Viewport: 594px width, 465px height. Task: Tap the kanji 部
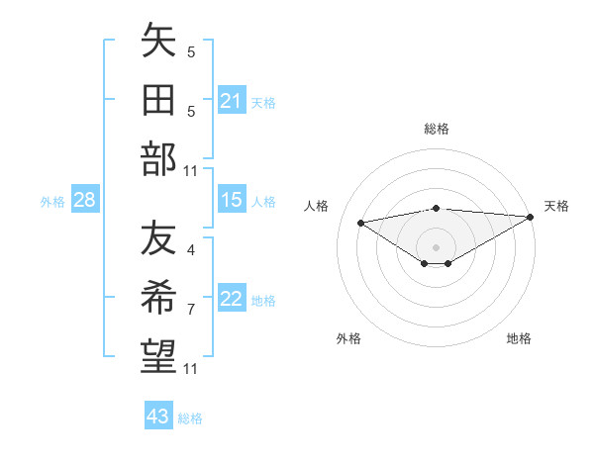click(158, 158)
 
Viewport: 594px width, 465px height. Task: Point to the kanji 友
click(158, 239)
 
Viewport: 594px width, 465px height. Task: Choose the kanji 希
click(158, 298)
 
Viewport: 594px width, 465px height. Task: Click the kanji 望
click(158, 355)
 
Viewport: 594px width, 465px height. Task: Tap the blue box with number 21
click(232, 101)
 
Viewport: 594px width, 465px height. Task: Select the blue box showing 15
click(232, 200)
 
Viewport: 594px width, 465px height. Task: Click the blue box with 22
click(232, 300)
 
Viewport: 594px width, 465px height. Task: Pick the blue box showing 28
click(85, 201)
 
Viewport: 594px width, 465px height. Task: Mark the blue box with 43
click(158, 417)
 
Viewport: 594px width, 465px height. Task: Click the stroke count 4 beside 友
click(190, 236)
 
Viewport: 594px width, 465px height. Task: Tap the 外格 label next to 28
click(52, 202)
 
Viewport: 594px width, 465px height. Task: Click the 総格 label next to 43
click(190, 418)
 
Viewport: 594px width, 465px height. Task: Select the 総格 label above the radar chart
click(436, 129)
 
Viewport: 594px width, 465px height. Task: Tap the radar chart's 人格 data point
click(361, 222)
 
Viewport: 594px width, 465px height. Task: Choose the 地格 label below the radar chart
click(518, 339)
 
